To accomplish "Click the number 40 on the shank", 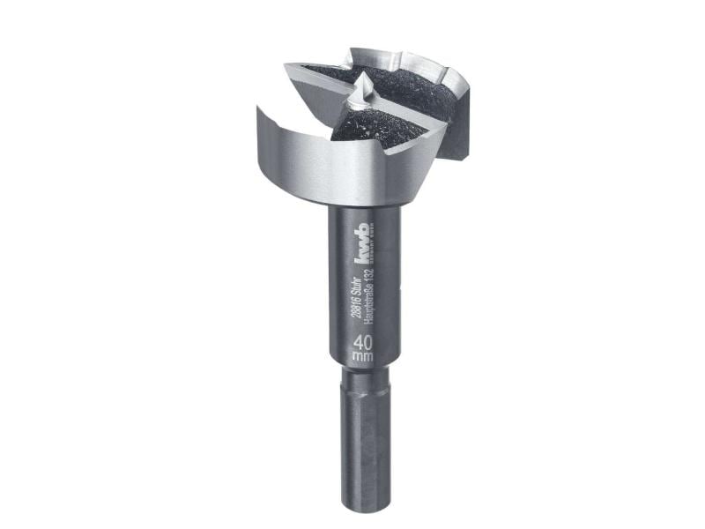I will tap(361, 342).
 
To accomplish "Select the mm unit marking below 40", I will tap(361, 357).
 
